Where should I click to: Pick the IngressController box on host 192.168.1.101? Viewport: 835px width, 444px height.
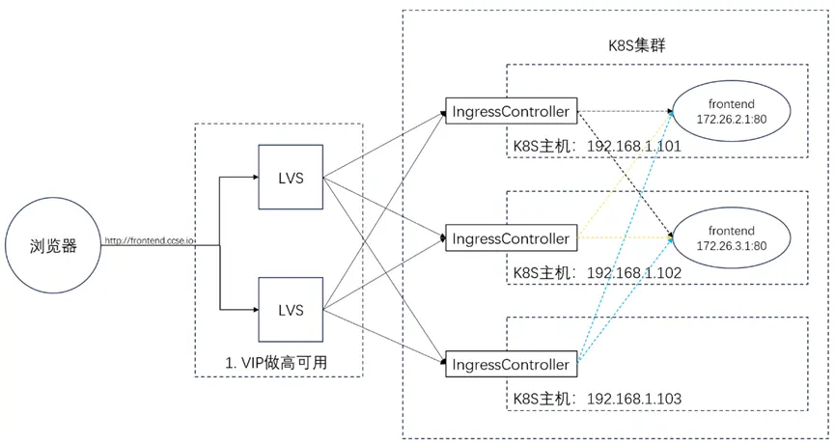click(x=511, y=111)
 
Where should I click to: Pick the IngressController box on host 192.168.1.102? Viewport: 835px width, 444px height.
click(x=511, y=237)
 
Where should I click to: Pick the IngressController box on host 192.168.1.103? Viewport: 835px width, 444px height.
click(x=511, y=364)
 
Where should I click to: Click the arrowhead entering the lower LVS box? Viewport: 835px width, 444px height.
click(x=254, y=310)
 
